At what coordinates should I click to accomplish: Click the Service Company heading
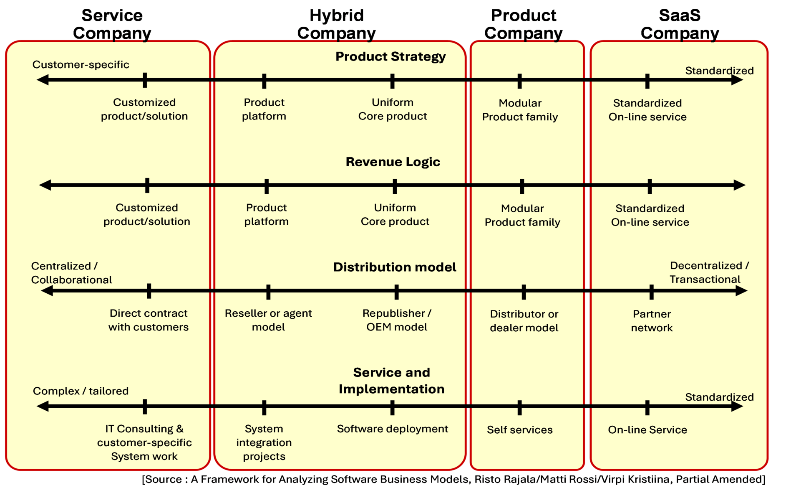pyautogui.click(x=112, y=24)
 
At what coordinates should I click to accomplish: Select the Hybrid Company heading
pyautogui.click(x=336, y=24)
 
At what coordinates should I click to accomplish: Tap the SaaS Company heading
pyautogui.click(x=680, y=24)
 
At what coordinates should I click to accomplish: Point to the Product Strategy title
pyautogui.click(x=390, y=56)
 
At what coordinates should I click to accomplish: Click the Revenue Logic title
pyautogui.click(x=393, y=162)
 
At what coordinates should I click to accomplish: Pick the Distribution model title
pyautogui.click(x=395, y=267)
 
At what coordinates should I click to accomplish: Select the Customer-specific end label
pyautogui.click(x=81, y=65)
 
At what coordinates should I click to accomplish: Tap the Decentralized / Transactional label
pyautogui.click(x=709, y=272)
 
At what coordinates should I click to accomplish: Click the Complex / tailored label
pyautogui.click(x=81, y=391)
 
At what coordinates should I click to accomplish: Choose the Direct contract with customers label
pyautogui.click(x=149, y=320)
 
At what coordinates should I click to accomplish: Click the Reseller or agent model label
pyautogui.click(x=268, y=320)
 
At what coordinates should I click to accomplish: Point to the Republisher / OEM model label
pyautogui.click(x=397, y=320)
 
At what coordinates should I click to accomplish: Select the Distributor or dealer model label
pyautogui.click(x=524, y=321)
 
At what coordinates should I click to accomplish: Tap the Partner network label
pyautogui.click(x=652, y=321)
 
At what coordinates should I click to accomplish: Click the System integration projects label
pyautogui.click(x=264, y=442)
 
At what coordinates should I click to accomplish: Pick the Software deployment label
pyautogui.click(x=392, y=429)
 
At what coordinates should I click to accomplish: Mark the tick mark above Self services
pyautogui.click(x=519, y=407)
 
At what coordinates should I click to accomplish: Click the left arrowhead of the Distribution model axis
pyautogui.click(x=47, y=291)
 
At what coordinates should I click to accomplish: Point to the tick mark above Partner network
pyautogui.click(x=651, y=292)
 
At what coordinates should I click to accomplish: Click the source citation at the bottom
pyautogui.click(x=453, y=479)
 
